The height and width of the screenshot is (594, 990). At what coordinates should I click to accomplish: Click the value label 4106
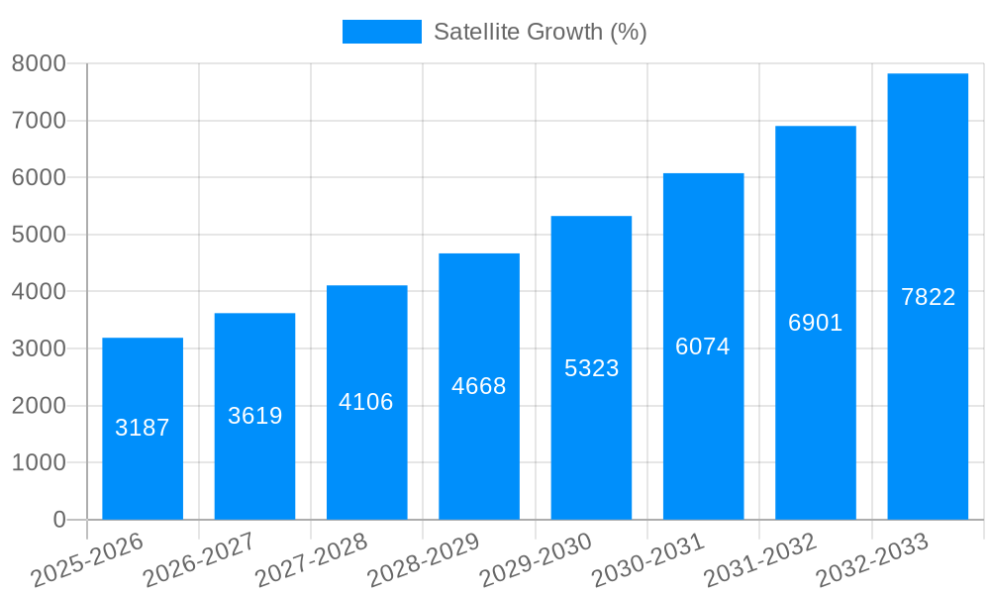click(366, 402)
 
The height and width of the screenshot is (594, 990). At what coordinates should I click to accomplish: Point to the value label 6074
click(703, 346)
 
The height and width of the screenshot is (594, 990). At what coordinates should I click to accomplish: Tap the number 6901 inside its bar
click(815, 323)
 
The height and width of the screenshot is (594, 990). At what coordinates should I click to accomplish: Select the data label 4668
click(479, 386)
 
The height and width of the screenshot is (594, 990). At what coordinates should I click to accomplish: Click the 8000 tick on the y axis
click(39, 64)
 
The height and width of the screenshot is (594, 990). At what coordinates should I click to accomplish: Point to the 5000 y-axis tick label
click(39, 235)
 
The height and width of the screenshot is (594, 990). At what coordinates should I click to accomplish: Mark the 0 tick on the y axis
click(58, 520)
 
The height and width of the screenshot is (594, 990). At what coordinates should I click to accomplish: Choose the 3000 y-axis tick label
click(39, 348)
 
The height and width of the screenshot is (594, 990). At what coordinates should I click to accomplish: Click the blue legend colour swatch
click(381, 32)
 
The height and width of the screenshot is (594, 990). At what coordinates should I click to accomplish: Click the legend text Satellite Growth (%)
click(540, 32)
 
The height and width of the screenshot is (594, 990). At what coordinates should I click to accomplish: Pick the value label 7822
click(928, 297)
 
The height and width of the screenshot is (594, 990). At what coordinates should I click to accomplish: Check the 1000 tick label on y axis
click(39, 462)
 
